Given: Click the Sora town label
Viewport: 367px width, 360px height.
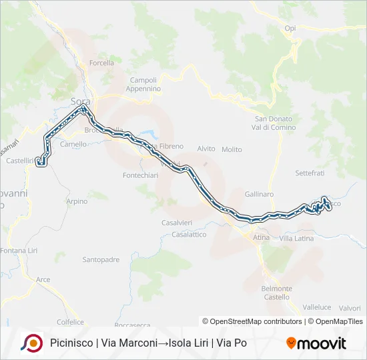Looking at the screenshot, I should point(80,101).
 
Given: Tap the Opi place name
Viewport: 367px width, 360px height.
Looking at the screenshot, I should point(290,28).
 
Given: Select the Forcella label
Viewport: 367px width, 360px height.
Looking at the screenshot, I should point(101,63).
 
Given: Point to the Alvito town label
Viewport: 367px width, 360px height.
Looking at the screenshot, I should point(206,149).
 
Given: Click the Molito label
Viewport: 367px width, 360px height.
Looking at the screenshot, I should point(232,149).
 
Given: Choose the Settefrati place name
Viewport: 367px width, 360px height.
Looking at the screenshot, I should point(309,173).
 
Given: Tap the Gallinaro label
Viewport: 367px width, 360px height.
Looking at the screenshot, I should point(260,194).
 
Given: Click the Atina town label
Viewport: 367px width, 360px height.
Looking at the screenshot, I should point(260,238).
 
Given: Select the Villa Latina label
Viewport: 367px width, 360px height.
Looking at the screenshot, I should point(296,238).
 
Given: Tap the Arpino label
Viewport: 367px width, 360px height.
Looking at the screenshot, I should point(77,201).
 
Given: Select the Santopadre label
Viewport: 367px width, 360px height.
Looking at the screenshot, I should point(100,259).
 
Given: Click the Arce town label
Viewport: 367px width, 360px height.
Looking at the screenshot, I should point(43,279).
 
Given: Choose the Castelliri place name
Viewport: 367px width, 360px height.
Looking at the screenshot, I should point(19,161).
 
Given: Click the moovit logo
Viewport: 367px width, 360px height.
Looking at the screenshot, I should point(316,343).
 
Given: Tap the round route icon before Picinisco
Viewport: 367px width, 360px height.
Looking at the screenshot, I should point(31,343).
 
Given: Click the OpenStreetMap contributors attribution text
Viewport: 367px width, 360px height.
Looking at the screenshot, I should point(252,321).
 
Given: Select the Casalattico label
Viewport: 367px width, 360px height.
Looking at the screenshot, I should point(189,235).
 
